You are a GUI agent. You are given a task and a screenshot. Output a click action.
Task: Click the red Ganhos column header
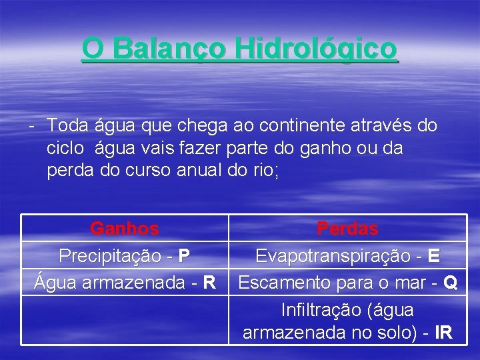(x=125, y=229)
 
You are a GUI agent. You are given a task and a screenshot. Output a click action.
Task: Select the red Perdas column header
(x=347, y=229)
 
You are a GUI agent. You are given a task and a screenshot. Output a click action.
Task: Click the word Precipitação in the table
(x=110, y=256)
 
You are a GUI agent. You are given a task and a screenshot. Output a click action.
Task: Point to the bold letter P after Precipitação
(x=185, y=256)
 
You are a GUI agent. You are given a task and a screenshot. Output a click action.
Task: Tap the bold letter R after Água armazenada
(x=209, y=283)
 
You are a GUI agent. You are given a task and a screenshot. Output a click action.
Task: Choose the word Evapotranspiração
(x=331, y=256)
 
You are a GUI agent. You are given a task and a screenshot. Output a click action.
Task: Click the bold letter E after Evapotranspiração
(x=435, y=256)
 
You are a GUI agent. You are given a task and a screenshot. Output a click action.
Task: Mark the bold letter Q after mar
(x=450, y=283)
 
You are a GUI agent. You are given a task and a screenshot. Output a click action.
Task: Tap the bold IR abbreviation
(x=443, y=333)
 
